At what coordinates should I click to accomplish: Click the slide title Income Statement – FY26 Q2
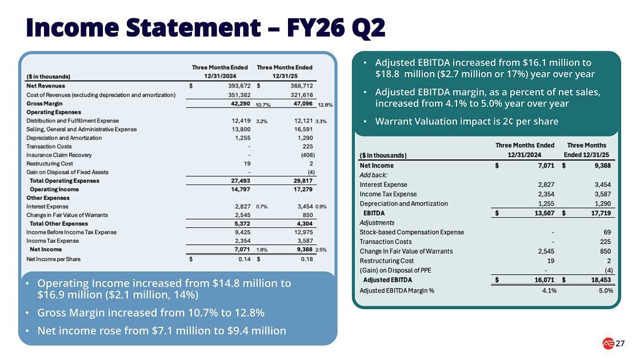[x=206, y=28]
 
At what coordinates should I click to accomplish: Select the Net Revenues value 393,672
[x=239, y=86]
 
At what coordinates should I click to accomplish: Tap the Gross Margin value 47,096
[x=303, y=103]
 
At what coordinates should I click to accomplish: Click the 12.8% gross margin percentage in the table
[x=325, y=105]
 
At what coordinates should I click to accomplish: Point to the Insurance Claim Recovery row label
[x=59, y=155]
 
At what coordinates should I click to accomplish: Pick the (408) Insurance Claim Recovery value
[x=308, y=155]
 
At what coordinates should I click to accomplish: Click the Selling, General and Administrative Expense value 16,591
[x=303, y=129]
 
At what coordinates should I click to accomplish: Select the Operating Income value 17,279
[x=303, y=189]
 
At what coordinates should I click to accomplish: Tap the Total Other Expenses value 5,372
[x=242, y=223]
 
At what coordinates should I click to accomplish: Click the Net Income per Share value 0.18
[x=307, y=259]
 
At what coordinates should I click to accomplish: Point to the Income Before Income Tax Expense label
[x=71, y=232]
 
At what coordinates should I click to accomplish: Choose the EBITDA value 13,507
[x=544, y=213]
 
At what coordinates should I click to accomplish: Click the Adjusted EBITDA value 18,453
[x=601, y=280]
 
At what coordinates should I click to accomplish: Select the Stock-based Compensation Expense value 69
[x=607, y=232]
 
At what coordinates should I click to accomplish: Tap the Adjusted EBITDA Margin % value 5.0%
[x=606, y=291]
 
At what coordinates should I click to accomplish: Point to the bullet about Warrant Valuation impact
[x=466, y=121]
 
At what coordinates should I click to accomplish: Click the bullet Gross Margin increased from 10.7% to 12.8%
[x=151, y=313]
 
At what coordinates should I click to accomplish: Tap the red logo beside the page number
[x=608, y=343]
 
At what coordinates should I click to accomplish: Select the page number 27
[x=620, y=343]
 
